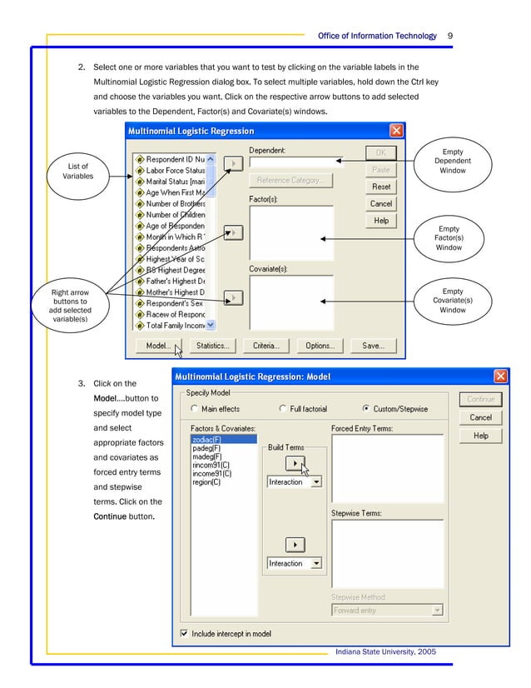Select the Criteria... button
pos(266,346)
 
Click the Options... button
pos(320,346)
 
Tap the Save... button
pos(373,346)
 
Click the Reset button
pos(381,187)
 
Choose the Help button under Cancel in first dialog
pos(381,221)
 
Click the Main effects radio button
pos(195,409)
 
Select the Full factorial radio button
pos(284,409)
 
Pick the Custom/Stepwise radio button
pos(367,409)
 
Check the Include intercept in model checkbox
pos(184,634)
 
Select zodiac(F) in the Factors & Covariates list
pos(206,439)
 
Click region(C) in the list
pos(206,481)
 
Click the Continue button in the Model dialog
pos(480,399)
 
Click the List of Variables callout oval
pos(77,172)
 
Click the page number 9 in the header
pos(449,36)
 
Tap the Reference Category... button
pos(290,180)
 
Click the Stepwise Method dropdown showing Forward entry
pos(387,611)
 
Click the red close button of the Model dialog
pos(500,376)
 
